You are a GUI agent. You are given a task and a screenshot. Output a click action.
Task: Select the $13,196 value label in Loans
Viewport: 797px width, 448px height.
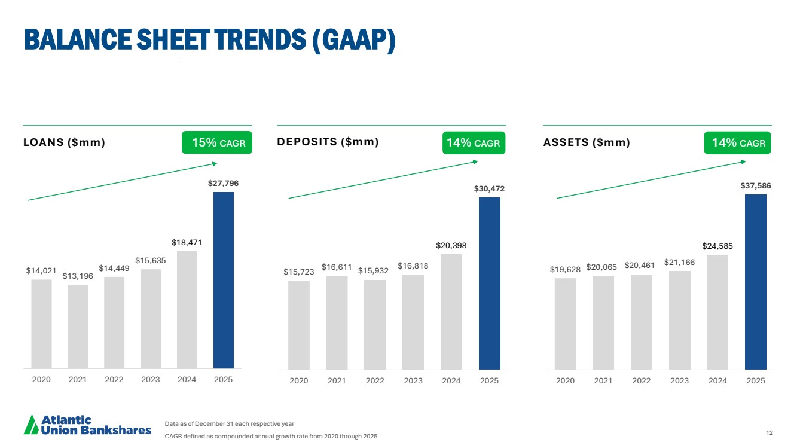click(78, 276)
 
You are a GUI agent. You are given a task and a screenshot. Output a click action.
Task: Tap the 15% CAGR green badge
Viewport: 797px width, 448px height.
click(217, 144)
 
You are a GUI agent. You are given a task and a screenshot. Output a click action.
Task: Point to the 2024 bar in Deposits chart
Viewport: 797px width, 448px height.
click(451, 312)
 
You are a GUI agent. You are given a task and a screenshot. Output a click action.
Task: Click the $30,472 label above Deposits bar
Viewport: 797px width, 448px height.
click(489, 189)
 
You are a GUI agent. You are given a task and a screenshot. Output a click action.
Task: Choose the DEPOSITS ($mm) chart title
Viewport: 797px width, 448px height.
click(328, 142)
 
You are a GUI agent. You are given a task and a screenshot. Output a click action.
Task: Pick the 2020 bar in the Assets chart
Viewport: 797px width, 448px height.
click(565, 324)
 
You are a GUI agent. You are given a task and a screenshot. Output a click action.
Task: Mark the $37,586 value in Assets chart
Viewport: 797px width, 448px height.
click(755, 186)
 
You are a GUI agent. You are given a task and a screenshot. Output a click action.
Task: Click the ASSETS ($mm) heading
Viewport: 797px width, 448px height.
click(587, 143)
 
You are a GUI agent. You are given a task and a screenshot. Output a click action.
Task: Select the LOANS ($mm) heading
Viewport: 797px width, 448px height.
click(64, 143)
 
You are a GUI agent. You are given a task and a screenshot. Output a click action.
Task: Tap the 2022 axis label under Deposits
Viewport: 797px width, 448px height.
click(375, 381)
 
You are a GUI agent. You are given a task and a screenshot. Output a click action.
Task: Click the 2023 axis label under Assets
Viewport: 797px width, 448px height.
click(679, 381)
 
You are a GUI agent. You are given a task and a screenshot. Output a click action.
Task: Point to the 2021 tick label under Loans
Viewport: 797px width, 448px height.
click(78, 379)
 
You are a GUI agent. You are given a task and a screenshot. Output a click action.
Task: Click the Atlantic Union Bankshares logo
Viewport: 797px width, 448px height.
click(87, 425)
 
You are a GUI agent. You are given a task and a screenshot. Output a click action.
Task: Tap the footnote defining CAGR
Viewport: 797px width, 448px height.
click(271, 436)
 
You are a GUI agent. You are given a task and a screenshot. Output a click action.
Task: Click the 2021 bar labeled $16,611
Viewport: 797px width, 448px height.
click(337, 322)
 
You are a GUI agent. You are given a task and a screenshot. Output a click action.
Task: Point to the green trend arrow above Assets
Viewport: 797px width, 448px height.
click(652, 179)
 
